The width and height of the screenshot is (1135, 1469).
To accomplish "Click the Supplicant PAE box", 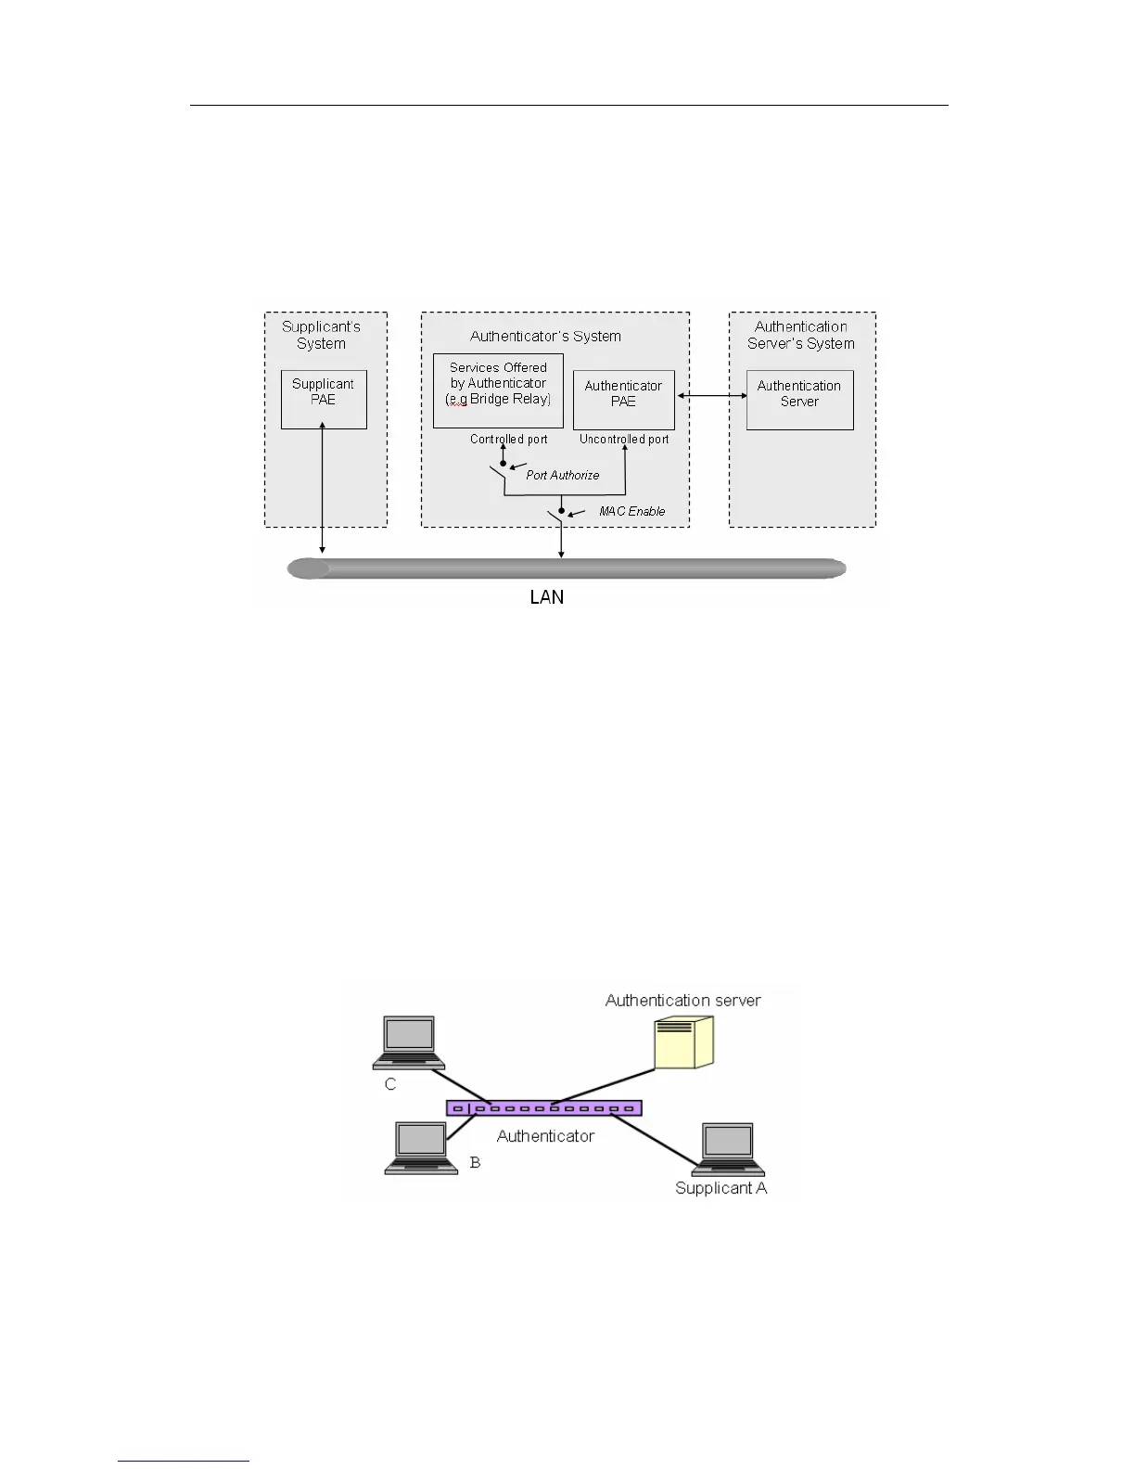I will (324, 399).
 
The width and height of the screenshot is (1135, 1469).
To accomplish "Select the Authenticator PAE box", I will (623, 400).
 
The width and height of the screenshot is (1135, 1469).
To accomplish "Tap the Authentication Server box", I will (799, 400).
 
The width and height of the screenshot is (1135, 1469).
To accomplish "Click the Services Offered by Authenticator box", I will (498, 390).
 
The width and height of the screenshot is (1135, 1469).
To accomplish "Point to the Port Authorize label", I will (562, 475).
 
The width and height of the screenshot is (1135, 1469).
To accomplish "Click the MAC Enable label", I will (631, 511).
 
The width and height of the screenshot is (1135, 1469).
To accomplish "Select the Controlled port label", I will (508, 439).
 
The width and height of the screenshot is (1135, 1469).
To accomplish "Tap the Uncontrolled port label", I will (624, 439).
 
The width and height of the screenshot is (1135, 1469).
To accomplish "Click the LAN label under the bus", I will (546, 597).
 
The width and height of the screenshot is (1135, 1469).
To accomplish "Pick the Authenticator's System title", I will (545, 336).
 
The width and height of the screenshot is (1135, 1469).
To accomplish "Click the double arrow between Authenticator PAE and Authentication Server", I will (710, 396).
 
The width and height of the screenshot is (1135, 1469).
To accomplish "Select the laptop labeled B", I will (421, 1148).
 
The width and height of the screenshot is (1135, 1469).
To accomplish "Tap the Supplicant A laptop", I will (728, 1150).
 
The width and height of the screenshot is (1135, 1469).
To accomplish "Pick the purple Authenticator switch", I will (544, 1107).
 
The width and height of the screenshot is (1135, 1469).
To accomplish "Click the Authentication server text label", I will (682, 1000).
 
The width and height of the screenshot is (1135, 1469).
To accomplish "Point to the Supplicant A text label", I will (721, 1188).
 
